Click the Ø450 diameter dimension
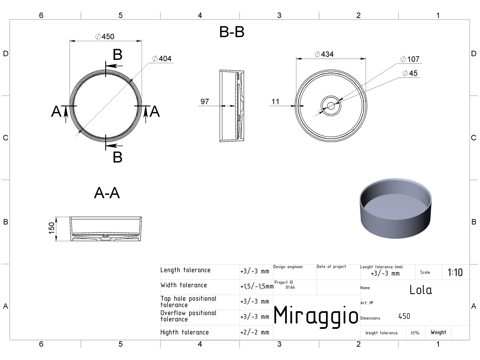click(x=105, y=36)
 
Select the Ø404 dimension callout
click(x=162, y=58)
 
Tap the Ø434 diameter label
click(x=324, y=54)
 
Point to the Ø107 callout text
click(x=410, y=59)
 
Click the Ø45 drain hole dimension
click(x=410, y=73)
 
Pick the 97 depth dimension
click(x=205, y=102)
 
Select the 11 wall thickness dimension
click(x=275, y=102)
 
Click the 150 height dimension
click(x=52, y=228)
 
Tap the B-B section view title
click(x=232, y=32)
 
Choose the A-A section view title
click(x=107, y=193)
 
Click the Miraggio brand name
click(x=316, y=316)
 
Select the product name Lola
click(x=420, y=290)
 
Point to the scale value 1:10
click(x=455, y=272)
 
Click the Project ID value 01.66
click(x=290, y=287)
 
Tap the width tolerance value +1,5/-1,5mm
click(x=257, y=286)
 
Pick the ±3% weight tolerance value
click(x=415, y=333)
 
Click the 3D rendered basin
click(x=395, y=208)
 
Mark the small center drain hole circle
click(x=331, y=106)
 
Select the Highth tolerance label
click(x=184, y=332)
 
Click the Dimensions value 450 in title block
click(x=404, y=316)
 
